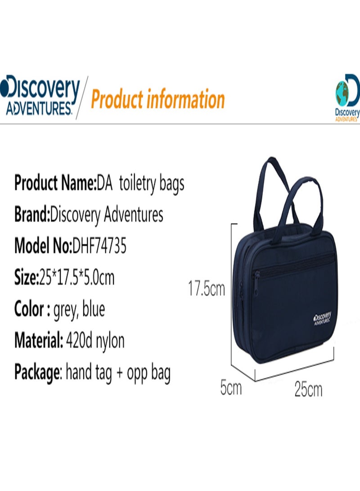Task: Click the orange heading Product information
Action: [157, 99]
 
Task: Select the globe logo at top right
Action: [347, 97]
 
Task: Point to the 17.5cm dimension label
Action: [206, 288]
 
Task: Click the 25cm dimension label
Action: [308, 389]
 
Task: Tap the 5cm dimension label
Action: [231, 387]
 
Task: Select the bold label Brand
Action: [31, 215]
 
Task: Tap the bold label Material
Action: [39, 340]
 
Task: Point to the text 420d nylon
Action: [95, 341]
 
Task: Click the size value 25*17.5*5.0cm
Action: [76, 278]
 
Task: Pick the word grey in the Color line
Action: [65, 310]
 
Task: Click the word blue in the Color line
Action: [94, 310]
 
